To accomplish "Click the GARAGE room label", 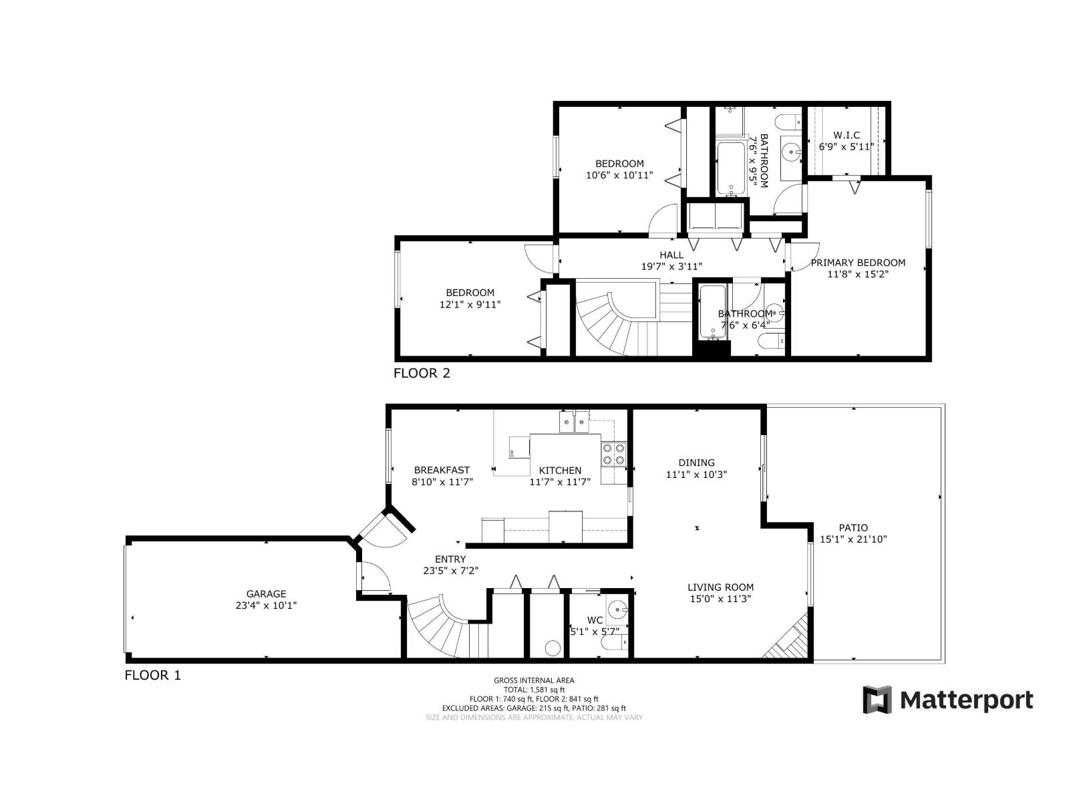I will [x=266, y=593].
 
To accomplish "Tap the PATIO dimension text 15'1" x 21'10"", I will [x=853, y=539].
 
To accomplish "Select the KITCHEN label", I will [x=560, y=471].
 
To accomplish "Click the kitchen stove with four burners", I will [x=614, y=454].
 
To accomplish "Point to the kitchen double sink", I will [x=573, y=422].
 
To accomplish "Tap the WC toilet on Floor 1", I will [x=613, y=643].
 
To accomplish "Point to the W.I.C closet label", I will [x=847, y=135].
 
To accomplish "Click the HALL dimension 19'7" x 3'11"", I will [x=671, y=266].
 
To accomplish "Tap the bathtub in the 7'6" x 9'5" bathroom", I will [x=730, y=168].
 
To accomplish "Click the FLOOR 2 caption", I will [x=422, y=373].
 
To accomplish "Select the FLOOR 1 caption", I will [x=152, y=675].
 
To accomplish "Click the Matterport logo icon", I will [x=877, y=700].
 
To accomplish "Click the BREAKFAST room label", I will [x=442, y=470].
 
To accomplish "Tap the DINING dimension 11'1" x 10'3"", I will [x=696, y=475].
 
